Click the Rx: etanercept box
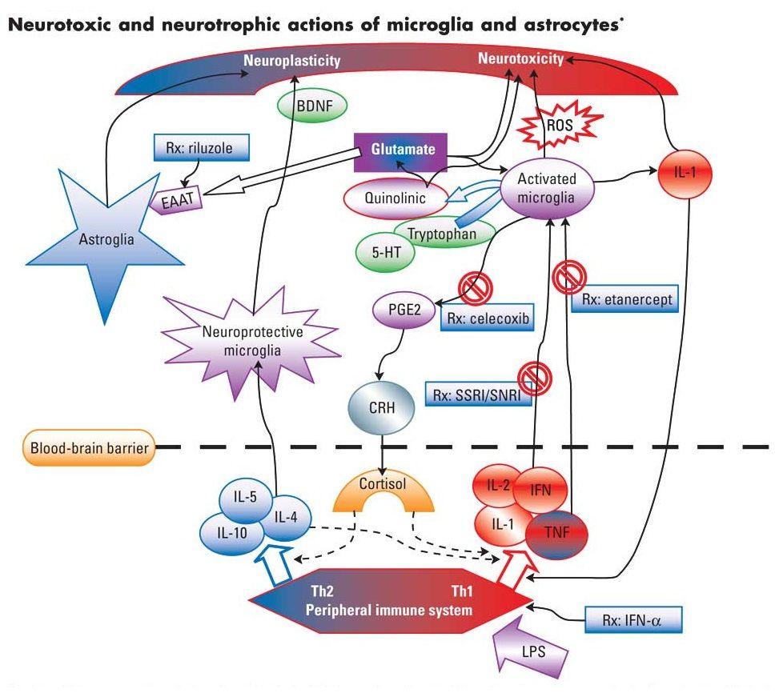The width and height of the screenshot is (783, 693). [x=622, y=302]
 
